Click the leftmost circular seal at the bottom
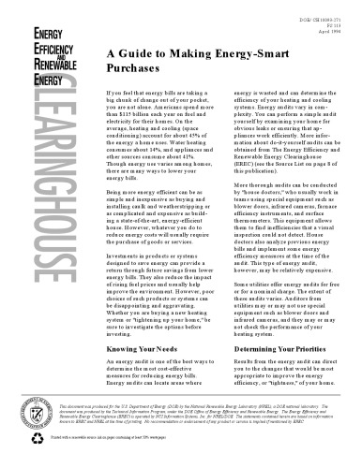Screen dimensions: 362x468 (25, 411)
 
